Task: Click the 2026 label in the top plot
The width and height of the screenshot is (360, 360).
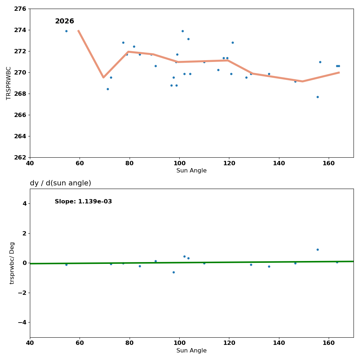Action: point(64,22)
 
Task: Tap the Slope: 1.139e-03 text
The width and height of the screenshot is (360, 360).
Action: point(83,202)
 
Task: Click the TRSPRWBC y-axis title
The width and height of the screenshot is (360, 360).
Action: point(9,83)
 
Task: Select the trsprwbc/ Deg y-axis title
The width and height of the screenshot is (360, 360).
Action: point(12,263)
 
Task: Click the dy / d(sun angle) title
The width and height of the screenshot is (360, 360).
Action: point(60,183)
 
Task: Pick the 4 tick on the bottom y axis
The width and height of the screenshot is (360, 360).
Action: point(24,204)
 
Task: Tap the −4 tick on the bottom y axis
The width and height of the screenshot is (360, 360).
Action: point(22,322)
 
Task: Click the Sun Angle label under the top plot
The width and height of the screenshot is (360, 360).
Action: point(192,171)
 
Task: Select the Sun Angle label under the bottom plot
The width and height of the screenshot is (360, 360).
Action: point(192,351)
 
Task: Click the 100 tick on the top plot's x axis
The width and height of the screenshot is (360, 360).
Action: point(179,163)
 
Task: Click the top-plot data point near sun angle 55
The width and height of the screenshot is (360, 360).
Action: point(66,31)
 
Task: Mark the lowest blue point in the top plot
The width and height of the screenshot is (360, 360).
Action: point(318,97)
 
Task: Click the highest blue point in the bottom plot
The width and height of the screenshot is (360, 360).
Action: point(318,249)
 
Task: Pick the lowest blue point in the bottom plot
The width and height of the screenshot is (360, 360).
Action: point(174,272)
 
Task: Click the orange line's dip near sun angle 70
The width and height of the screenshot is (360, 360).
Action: point(103,77)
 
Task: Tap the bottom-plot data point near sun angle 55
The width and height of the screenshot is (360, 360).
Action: point(66,265)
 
